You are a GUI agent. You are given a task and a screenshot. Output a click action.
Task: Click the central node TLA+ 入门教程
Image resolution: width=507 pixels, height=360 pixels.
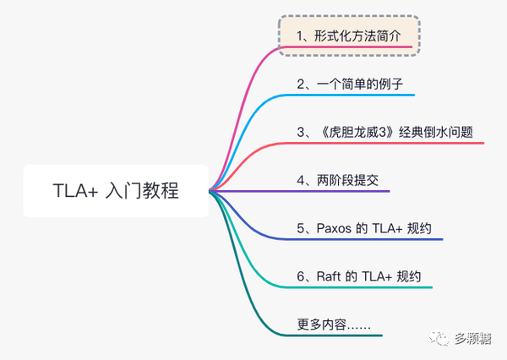(113, 190)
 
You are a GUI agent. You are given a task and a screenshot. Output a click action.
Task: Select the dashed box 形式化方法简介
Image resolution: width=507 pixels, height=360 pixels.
(349, 36)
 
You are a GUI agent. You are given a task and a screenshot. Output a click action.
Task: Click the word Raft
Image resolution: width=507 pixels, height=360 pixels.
(330, 276)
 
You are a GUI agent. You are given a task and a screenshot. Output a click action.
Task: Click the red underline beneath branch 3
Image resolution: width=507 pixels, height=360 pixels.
(389, 143)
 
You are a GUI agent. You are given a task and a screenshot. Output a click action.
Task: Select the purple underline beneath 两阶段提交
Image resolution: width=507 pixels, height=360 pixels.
(338, 191)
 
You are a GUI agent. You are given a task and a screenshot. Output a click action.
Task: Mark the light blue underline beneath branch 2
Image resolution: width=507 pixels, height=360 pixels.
(355, 95)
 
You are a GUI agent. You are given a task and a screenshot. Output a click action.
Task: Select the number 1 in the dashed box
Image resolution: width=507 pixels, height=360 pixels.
(301, 36)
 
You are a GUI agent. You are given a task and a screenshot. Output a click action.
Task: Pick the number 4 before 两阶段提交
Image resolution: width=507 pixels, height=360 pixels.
(302, 180)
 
